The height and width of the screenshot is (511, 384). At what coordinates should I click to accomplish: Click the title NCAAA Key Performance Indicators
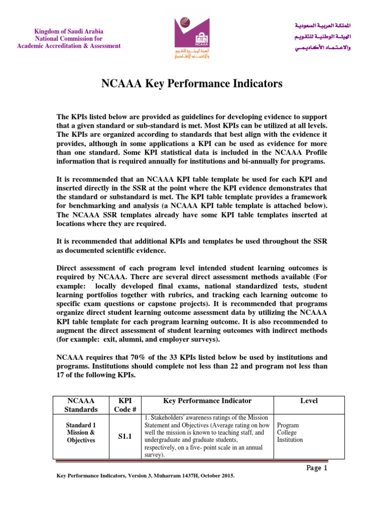tap(191, 84)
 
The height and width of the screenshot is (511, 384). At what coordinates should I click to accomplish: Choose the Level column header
tap(308, 401)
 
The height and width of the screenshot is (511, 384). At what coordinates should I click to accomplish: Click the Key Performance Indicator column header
tap(207, 401)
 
